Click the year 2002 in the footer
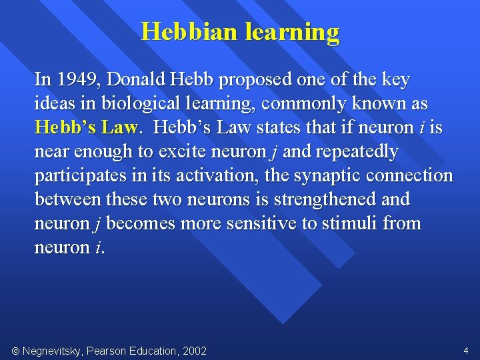193,351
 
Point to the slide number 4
466,350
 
